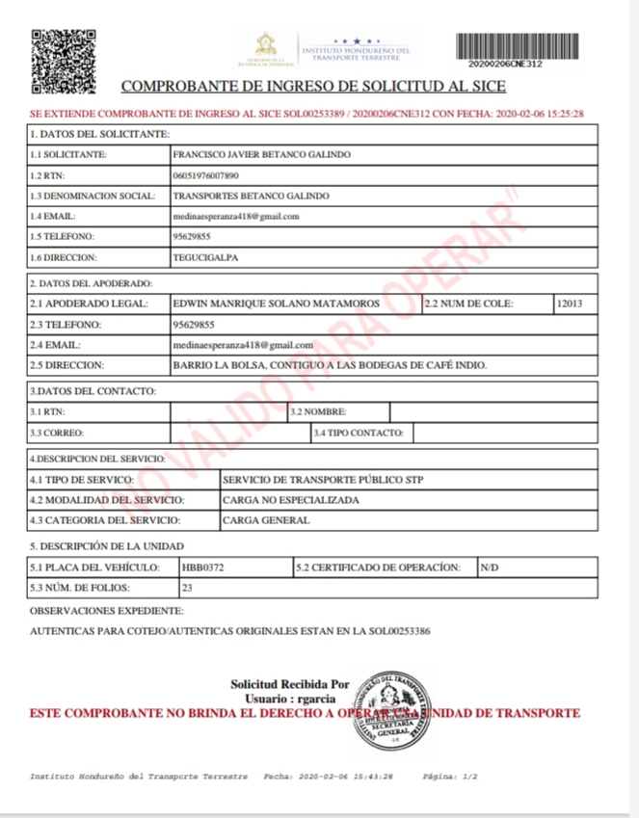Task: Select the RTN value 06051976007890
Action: click(x=205, y=175)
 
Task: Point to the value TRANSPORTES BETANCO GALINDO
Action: click(x=250, y=197)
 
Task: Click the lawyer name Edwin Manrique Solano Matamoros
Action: click(x=276, y=304)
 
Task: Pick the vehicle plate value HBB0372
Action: click(x=203, y=567)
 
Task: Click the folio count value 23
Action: click(x=188, y=588)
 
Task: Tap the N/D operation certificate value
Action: click(x=490, y=567)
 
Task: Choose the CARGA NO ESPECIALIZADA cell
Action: click(x=290, y=500)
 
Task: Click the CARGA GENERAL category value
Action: click(x=266, y=521)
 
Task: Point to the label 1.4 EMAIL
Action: click(x=53, y=217)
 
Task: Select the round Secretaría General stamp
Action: click(x=391, y=711)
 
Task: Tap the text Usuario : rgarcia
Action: click(x=289, y=698)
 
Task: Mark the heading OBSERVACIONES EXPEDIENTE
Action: click(x=106, y=612)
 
